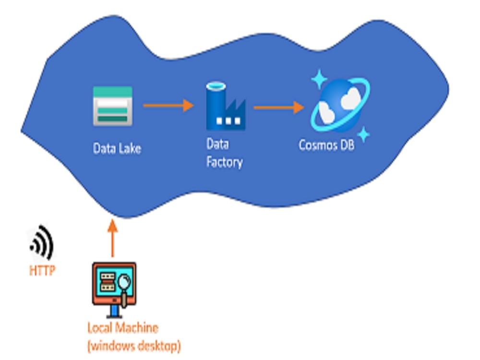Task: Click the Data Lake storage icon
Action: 112,107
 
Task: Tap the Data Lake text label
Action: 117,148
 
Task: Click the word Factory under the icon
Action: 224,162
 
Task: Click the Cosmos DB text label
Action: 326,145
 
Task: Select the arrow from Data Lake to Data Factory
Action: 168,105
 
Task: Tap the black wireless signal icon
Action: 43,243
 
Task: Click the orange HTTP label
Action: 42,271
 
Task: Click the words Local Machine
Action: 122,328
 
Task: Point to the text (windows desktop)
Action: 134,345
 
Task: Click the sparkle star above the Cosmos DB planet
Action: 318,79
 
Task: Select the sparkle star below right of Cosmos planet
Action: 364,135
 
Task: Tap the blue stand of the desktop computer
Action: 114,312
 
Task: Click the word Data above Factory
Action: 217,144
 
